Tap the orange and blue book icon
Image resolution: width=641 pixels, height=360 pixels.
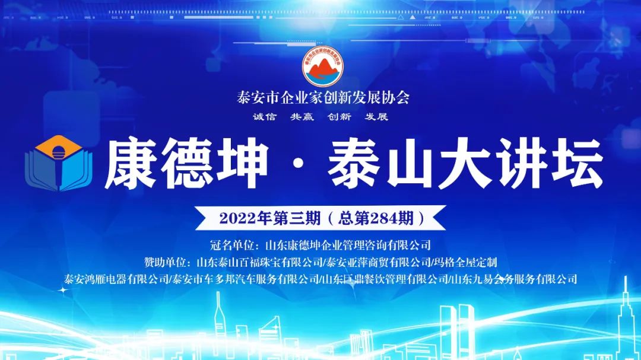(x=59, y=163)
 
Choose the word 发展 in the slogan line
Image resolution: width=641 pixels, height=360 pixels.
(x=376, y=117)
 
